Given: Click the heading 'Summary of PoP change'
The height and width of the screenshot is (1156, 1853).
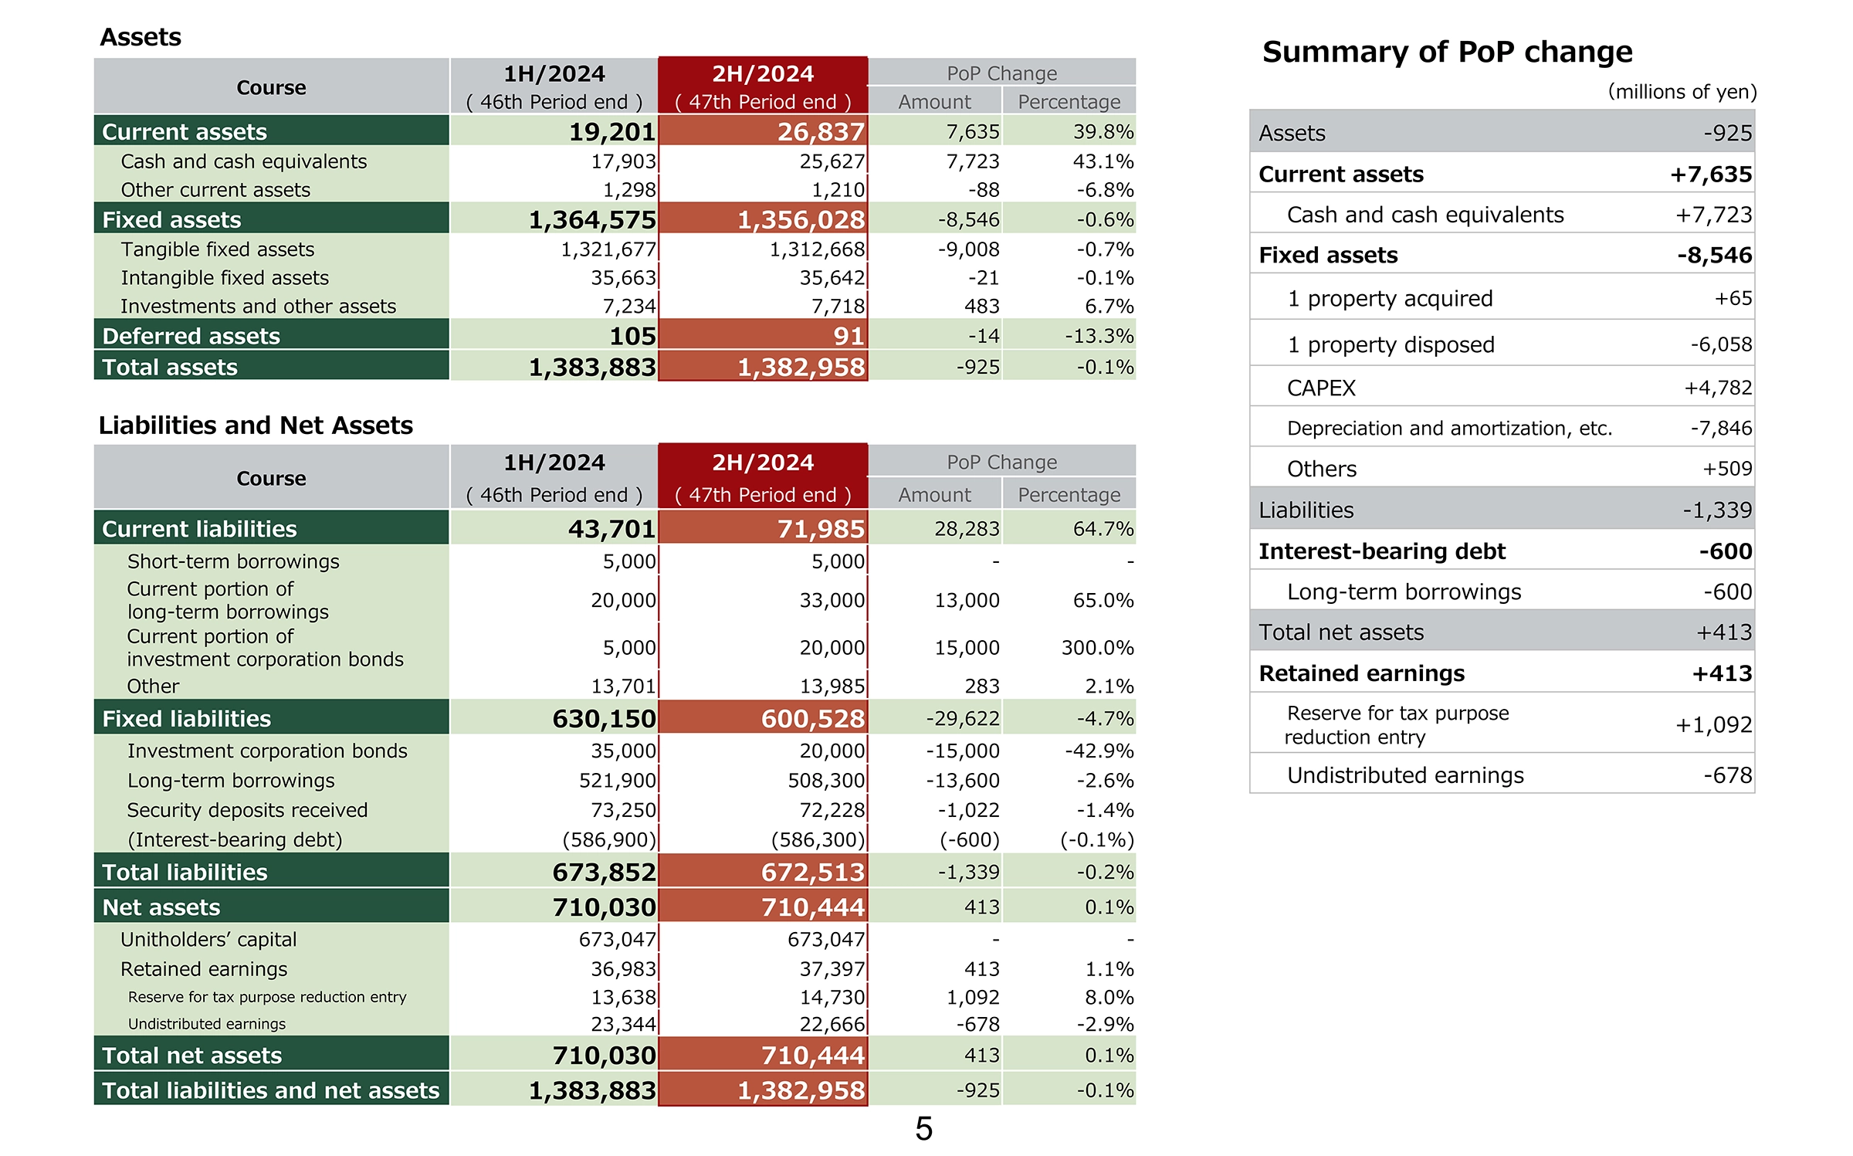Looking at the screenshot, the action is coord(1447,53).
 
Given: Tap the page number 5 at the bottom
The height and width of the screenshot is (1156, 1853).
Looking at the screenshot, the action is coord(924,1129).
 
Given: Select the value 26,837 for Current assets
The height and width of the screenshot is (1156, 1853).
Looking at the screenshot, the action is coord(821,132).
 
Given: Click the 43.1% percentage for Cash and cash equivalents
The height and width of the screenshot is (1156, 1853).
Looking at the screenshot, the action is coord(1103,161).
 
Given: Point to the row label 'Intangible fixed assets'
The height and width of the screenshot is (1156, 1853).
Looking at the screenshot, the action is coord(225,278).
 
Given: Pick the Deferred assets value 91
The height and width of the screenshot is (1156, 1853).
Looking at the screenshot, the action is coord(849,336).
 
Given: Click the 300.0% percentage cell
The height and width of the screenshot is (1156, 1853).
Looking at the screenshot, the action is coord(1097,647).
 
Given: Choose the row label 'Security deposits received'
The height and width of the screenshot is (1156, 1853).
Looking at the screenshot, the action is coord(247,810).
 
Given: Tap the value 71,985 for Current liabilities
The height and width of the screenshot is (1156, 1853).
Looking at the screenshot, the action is coord(813,529).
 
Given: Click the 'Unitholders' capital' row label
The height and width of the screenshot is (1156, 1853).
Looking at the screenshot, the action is coord(208,939).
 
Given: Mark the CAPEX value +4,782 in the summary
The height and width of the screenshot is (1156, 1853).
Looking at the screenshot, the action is coord(1718,388).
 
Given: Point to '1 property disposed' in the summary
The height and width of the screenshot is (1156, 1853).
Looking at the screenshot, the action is coord(1391,344).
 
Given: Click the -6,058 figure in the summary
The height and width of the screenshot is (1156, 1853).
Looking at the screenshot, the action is coord(1721,344).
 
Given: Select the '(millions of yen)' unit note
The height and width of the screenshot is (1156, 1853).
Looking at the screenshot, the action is coord(1682,92).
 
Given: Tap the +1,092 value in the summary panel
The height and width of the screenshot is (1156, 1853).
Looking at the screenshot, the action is coord(1713,724).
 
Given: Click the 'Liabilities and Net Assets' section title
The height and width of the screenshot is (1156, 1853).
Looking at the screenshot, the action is coord(256,425).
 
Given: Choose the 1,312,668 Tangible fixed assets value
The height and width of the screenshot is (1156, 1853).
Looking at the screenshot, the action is coord(817,249).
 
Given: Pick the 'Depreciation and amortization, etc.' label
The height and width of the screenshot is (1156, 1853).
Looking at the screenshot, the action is coord(1449,429).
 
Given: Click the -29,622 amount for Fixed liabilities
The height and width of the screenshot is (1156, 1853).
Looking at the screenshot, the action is coord(963,719).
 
